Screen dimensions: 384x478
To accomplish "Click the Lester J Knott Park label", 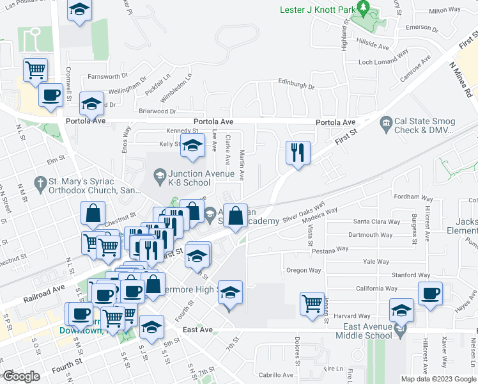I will [317, 10].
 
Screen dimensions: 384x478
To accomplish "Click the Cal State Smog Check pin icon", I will [385, 122].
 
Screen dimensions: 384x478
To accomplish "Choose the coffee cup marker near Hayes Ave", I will [430, 293].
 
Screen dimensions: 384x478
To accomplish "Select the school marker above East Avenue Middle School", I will [401, 310].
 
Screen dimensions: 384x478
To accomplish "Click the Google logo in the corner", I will [22, 376].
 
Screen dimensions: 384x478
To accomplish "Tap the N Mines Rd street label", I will [460, 79].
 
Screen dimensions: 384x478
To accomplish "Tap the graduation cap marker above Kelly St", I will [192, 145].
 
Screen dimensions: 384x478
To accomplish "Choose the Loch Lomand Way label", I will [383, 62].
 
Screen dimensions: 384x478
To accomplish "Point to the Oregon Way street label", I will [304, 271].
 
